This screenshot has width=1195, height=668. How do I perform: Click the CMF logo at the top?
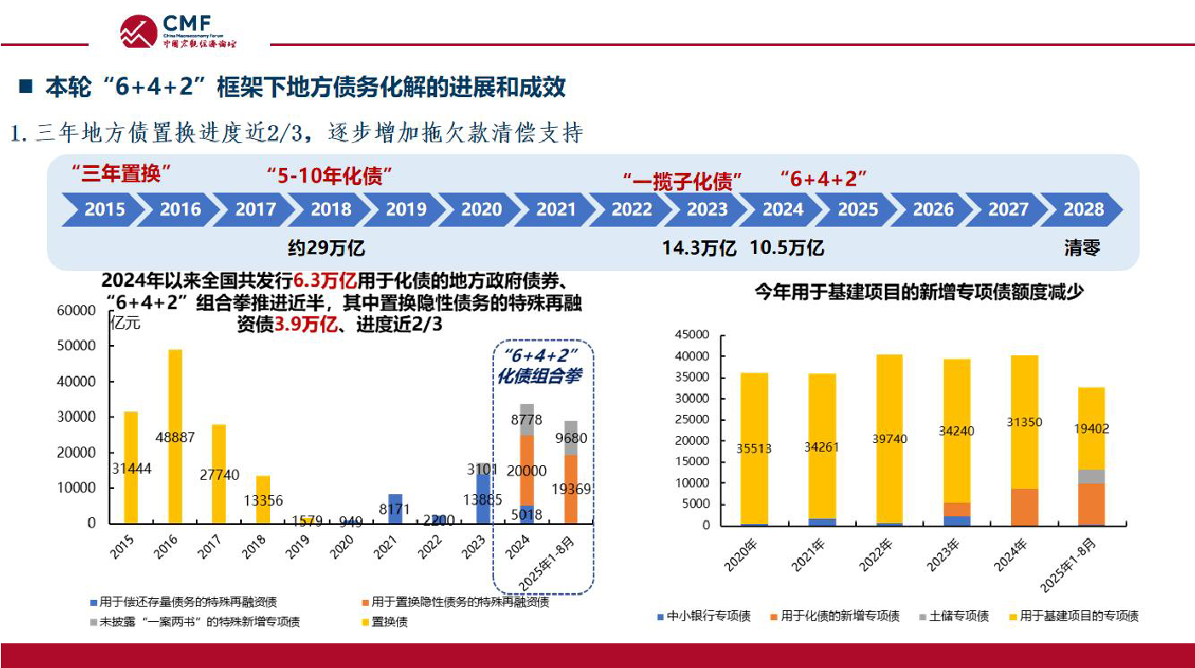[x=178, y=31]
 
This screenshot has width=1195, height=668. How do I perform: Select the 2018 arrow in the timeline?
[x=330, y=210]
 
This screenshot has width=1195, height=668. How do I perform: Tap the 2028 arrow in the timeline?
[x=1083, y=210]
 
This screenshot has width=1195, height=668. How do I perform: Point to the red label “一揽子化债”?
[x=682, y=180]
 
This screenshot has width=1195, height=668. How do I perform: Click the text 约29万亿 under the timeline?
[x=326, y=248]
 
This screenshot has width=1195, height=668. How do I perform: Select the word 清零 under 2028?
[x=1081, y=248]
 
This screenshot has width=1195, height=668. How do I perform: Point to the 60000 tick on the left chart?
[x=76, y=311]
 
